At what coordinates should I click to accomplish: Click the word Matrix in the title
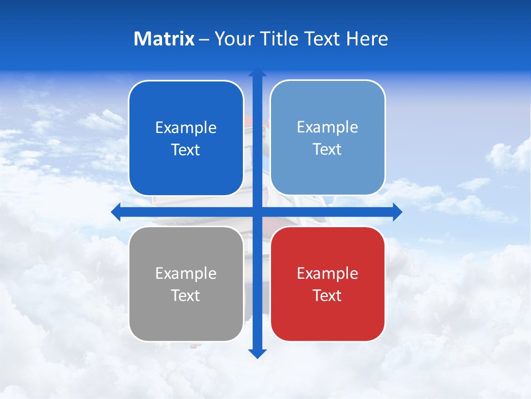coord(164,39)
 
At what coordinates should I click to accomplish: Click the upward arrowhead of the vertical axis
coord(257,71)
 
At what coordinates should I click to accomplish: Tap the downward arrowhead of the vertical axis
coord(257,354)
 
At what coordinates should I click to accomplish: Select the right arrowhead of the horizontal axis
coord(397,212)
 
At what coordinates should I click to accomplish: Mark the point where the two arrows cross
coord(257,212)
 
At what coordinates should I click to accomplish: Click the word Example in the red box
coord(327,273)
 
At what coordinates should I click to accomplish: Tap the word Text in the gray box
coord(185,295)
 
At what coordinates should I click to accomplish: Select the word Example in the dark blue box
coord(186,127)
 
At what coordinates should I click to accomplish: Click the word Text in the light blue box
coord(327,150)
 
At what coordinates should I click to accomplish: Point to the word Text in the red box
coord(327,295)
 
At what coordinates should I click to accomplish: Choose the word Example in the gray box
coord(186,273)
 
